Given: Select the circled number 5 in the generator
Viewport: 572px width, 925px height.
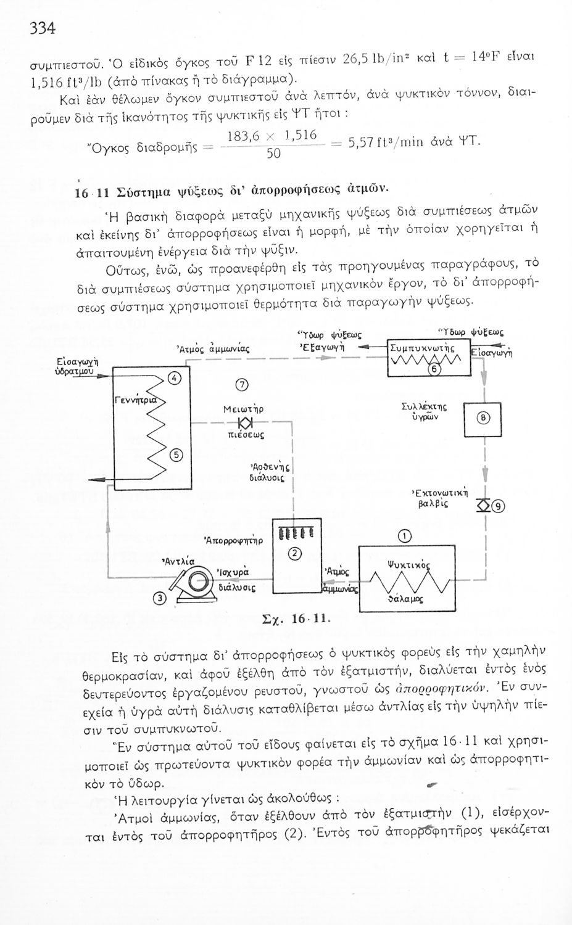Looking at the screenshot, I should click(175, 454).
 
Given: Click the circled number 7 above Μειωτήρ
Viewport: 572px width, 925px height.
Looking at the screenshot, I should click(242, 385).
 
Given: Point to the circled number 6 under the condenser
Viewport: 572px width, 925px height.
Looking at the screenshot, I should click(433, 369).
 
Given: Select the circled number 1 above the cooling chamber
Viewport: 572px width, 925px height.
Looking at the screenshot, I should click(404, 535).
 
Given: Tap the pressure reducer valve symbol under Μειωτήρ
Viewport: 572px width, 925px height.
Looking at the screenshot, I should click(242, 422).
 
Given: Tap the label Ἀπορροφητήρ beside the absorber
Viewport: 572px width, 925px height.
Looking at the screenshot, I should click(233, 541).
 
